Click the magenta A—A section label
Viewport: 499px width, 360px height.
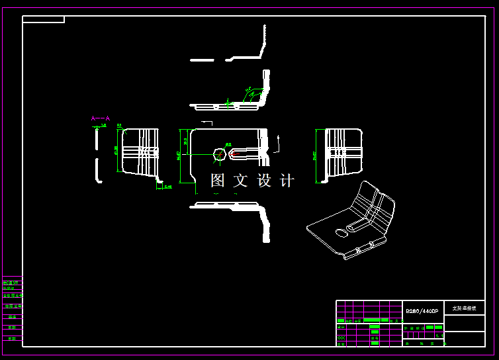(x=101, y=118)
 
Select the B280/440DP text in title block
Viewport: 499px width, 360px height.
(x=422, y=311)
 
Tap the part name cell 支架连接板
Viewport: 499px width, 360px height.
(x=464, y=308)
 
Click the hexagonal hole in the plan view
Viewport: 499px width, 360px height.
(x=219, y=154)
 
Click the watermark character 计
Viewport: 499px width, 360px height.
(x=287, y=180)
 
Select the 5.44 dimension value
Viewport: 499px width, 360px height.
(x=168, y=187)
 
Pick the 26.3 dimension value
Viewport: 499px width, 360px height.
(x=185, y=141)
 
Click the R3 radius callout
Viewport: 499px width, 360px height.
(x=120, y=125)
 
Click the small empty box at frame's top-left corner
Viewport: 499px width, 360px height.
(x=43, y=19)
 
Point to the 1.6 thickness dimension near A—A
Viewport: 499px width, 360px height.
(x=103, y=125)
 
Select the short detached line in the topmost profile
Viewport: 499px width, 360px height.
(x=202, y=60)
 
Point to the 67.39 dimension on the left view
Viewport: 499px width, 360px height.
(x=116, y=151)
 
